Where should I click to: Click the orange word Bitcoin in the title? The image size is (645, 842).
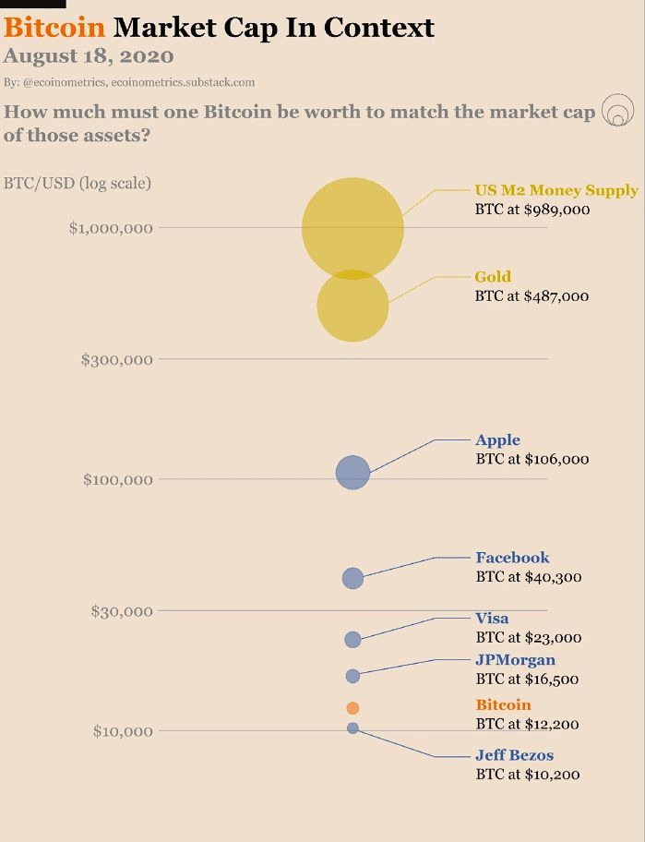click(54, 27)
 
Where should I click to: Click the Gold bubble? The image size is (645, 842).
click(352, 306)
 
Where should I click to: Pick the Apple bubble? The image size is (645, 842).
click(352, 473)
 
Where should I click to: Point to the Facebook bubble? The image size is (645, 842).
click(352, 578)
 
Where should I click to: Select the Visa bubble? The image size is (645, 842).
click(352, 639)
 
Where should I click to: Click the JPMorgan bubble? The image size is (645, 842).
click(352, 676)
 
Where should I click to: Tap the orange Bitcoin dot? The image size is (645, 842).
click(352, 708)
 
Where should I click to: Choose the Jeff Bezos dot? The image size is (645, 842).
click(352, 728)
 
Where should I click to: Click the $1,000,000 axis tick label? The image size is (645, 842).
click(111, 228)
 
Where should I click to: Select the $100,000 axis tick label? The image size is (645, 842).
click(116, 479)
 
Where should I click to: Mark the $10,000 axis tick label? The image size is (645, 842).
click(122, 731)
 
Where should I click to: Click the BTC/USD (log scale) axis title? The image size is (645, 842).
click(78, 183)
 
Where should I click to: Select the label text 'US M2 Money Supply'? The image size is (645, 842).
click(556, 190)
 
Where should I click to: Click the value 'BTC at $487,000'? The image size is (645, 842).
click(532, 296)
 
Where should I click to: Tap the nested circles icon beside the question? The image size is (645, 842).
click(617, 113)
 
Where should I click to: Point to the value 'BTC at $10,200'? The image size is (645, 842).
click(528, 775)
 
